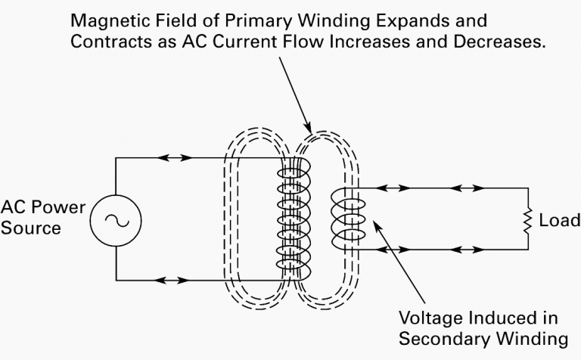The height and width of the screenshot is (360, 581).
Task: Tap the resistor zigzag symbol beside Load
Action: [527, 220]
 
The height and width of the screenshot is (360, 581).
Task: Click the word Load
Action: [560, 220]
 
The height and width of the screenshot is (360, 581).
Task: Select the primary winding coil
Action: [294, 219]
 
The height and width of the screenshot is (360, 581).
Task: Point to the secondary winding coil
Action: [348, 219]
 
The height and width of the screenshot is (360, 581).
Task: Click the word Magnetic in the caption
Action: [110, 20]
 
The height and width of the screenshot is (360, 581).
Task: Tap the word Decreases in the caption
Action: [499, 42]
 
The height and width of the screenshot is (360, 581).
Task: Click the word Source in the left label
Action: [31, 228]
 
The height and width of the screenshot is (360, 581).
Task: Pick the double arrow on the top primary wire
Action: [174, 158]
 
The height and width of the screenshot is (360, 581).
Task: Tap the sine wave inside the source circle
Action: [117, 221]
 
